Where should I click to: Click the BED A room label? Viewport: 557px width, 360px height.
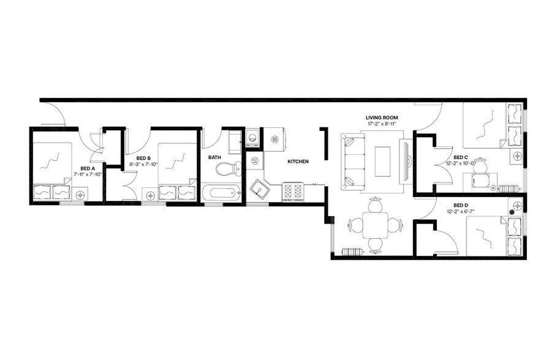[x=88, y=168]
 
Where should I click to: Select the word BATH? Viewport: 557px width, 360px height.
[x=214, y=157]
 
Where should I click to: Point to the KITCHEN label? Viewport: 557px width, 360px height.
[x=298, y=162]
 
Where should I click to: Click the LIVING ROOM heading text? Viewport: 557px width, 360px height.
[x=382, y=118]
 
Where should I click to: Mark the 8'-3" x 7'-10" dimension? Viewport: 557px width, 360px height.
[x=143, y=164]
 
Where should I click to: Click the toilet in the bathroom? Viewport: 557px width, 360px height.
[x=231, y=168]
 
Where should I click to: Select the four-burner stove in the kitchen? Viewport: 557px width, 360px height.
[x=293, y=191]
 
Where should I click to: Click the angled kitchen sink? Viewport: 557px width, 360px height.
[x=260, y=189]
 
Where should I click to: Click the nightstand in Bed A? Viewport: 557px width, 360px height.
[x=80, y=195]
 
